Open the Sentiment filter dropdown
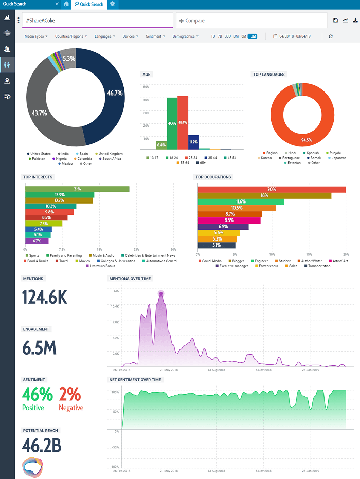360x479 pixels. tap(155, 36)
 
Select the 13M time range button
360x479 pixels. tap(252, 36)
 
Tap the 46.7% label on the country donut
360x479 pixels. tap(115, 93)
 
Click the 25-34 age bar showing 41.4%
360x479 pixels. tap(183, 122)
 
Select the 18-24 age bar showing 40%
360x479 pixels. tap(172, 123)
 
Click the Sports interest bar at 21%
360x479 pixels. tap(77, 189)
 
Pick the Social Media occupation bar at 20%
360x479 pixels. tap(272, 189)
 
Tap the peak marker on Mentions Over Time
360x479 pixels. tap(161, 294)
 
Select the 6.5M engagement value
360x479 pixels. tap(39, 348)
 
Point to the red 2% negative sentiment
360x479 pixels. tap(70, 394)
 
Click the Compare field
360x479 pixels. tap(251, 21)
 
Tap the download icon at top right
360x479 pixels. tap(355, 21)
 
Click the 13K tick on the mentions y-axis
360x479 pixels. tap(116, 291)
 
